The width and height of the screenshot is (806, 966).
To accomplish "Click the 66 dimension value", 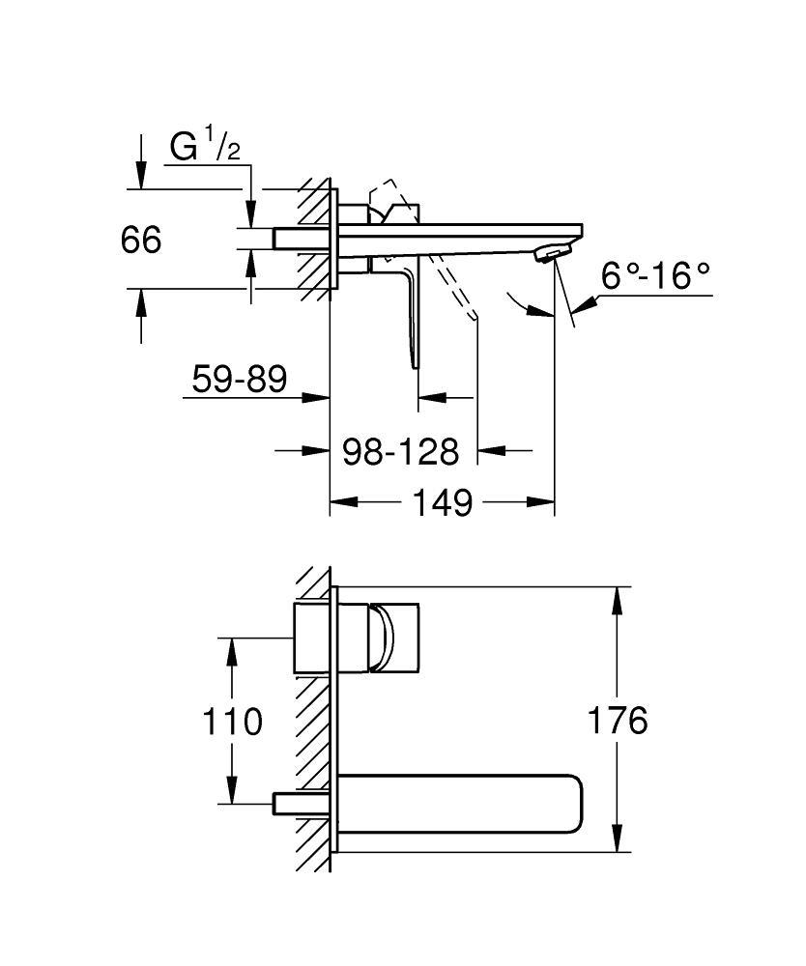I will point(141,239).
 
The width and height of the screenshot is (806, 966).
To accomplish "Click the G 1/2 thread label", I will point(205,147).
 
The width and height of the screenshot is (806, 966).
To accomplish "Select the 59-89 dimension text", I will point(240,379).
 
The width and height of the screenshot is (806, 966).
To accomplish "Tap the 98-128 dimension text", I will point(401,450).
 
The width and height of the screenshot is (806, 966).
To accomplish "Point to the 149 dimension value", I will point(444,502).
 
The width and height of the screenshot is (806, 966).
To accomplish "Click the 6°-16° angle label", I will point(655,276).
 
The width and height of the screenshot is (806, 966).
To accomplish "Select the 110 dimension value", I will point(232,721).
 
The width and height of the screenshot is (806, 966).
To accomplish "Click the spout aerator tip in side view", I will point(549,254).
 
